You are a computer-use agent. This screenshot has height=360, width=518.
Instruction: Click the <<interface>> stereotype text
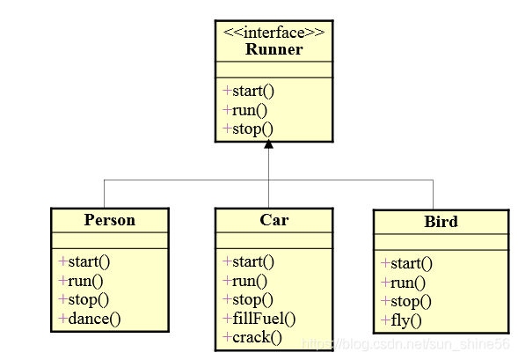click(x=274, y=33)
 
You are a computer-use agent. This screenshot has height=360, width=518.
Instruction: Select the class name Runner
click(x=274, y=49)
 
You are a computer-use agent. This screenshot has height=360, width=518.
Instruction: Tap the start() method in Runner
click(x=248, y=92)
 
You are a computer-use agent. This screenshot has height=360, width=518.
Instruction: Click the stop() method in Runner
click(x=248, y=129)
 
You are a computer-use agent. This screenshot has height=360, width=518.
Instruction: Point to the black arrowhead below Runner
click(x=268, y=144)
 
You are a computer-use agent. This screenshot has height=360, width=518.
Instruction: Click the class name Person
click(x=110, y=220)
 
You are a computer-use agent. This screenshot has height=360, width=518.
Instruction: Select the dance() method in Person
click(x=90, y=319)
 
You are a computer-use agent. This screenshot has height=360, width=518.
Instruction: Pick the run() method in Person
click(x=81, y=281)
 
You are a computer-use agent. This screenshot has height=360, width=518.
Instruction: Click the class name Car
click(x=274, y=220)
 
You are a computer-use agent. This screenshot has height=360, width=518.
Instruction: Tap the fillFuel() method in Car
click(x=259, y=319)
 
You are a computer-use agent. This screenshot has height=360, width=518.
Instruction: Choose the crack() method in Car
click(x=252, y=337)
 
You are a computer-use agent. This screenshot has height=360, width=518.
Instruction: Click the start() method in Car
click(x=248, y=262)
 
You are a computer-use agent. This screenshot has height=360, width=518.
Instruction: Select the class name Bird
click(x=441, y=222)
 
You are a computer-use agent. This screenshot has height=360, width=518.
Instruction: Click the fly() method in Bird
click(x=401, y=320)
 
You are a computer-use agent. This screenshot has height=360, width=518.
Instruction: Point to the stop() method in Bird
click(x=406, y=302)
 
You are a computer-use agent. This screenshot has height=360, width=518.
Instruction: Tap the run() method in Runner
click(x=245, y=110)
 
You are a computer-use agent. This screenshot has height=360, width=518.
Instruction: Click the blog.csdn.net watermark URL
click(x=406, y=344)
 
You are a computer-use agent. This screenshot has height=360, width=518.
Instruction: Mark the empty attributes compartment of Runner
click(x=274, y=70)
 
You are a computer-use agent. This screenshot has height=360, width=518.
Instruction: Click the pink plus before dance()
click(x=62, y=319)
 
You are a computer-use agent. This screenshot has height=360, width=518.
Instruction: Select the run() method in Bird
click(x=404, y=283)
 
